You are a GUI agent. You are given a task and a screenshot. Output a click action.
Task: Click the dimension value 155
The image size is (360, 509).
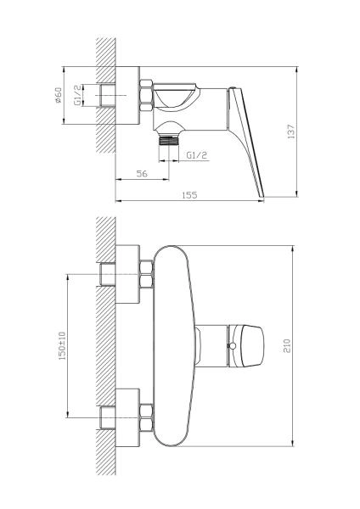tap(189, 195)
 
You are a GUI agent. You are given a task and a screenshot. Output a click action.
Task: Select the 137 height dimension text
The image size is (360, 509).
tap(291, 131)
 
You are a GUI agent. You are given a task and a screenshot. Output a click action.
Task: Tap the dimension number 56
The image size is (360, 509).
tap(142, 174)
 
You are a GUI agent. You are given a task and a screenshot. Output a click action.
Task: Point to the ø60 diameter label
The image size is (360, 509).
tap(58, 95)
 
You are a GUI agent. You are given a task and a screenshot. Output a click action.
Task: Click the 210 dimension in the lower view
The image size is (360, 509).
tap(287, 346)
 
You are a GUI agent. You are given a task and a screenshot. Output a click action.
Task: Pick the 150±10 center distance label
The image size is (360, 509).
tap(62, 345)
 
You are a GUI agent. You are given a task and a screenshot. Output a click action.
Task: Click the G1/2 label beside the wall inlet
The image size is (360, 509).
tap(77, 95)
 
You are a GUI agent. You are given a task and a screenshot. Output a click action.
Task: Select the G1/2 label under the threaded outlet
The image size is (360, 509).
tap(197, 155)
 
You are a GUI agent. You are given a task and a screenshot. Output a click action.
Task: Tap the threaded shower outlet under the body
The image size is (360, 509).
tap(169, 141)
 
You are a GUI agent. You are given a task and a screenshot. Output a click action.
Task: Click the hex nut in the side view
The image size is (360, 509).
tap(146, 96)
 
